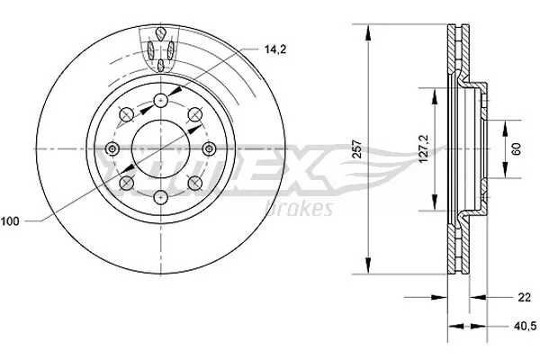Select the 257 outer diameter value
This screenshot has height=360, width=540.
pyautogui.click(x=358, y=149)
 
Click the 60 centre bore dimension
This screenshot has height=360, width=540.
pyautogui.click(x=516, y=149)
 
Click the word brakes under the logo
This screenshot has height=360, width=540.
pyautogui.click(x=299, y=209)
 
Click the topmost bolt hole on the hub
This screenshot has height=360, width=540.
pyautogui.click(x=160, y=100)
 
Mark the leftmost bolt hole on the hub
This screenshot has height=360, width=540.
pyautogui.click(x=111, y=149)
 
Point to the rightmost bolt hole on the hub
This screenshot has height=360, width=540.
pyautogui.click(x=210, y=149)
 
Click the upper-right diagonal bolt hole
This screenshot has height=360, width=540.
pyautogui.click(x=194, y=113)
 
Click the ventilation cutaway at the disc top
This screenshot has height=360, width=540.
pyautogui.click(x=160, y=47)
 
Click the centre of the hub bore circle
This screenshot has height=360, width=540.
pyautogui.click(x=160, y=149)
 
